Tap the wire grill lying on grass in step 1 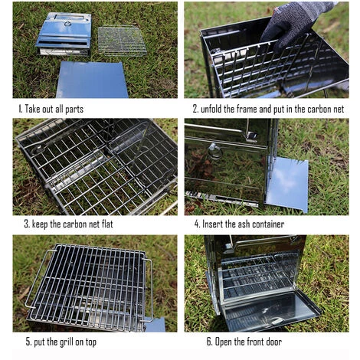pyautogui.click(x=123, y=41)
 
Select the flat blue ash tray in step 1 pyautogui.click(x=92, y=80)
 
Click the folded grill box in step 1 pyautogui.click(x=64, y=34)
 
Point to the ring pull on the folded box pyautogui.click(x=68, y=24)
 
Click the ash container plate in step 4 pyautogui.click(x=286, y=185)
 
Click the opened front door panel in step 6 pyautogui.click(x=270, y=310)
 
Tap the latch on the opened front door pyautogui.click(x=277, y=321)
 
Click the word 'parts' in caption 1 pyautogui.click(x=74, y=110)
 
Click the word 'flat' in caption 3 pyautogui.click(x=106, y=224)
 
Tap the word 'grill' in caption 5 pyautogui.click(x=67, y=342)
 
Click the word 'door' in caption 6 pyautogui.click(x=273, y=342)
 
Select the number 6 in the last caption pyautogui.click(x=209, y=342)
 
